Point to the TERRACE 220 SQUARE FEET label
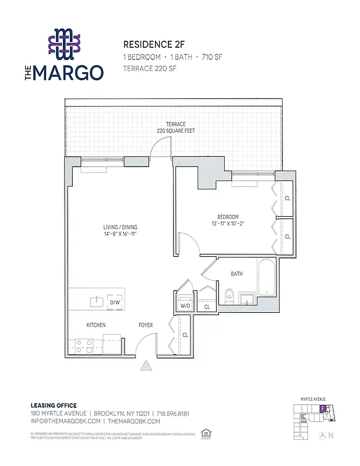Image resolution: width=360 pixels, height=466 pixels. (x=175, y=128)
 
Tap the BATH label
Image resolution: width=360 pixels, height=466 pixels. (x=237, y=274)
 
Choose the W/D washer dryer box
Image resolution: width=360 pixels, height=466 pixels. (x=185, y=305)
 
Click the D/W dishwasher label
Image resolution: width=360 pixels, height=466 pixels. (x=115, y=302)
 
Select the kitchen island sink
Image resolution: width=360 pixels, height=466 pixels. (x=96, y=302)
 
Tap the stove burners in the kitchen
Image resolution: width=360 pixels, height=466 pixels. (x=82, y=347)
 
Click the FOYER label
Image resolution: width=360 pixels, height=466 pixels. (x=146, y=325)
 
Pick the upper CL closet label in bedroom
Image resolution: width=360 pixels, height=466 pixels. (x=287, y=198)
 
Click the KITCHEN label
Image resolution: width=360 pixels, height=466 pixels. (x=96, y=325)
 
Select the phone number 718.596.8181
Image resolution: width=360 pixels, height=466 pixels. (x=172, y=413)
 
